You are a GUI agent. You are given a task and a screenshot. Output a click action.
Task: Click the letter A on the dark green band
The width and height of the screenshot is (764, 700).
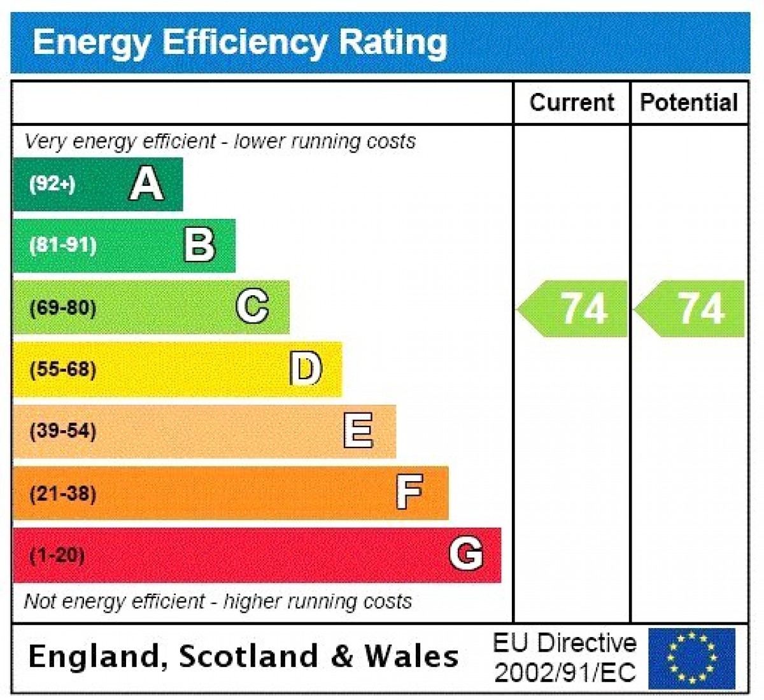(147, 184)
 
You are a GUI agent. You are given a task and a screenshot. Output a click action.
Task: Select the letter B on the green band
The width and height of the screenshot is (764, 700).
(200, 245)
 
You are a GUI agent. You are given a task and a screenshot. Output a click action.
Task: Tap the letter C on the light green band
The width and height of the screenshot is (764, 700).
(253, 307)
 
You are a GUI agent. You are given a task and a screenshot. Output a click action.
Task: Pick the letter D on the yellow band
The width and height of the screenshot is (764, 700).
(306, 369)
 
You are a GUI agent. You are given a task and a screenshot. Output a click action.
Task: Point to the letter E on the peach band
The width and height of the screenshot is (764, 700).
(358, 430)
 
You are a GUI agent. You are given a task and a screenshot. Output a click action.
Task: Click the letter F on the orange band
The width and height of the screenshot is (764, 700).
(409, 492)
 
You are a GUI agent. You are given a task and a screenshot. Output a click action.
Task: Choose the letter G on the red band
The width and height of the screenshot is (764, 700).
(466, 553)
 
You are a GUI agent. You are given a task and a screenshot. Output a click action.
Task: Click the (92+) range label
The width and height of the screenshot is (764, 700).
(52, 184)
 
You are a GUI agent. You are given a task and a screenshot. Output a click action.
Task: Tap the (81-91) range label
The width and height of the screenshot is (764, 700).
(63, 245)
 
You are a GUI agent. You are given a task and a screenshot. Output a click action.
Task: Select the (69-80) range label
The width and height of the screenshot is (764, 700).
(63, 308)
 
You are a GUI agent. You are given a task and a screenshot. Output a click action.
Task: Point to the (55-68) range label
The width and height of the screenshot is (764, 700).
(63, 369)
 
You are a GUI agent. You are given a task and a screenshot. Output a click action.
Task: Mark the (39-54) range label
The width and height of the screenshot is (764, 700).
(63, 431)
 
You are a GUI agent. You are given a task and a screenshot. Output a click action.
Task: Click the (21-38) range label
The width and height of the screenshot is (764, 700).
(63, 493)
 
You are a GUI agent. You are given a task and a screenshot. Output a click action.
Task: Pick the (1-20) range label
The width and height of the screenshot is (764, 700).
(57, 555)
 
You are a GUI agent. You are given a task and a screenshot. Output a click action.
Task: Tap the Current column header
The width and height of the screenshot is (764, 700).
(572, 102)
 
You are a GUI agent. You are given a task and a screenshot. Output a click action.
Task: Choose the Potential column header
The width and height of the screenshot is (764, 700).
(689, 102)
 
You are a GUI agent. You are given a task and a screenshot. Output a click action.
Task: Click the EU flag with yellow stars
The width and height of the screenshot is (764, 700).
(691, 658)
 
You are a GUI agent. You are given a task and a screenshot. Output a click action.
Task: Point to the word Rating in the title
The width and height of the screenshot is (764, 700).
(393, 42)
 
